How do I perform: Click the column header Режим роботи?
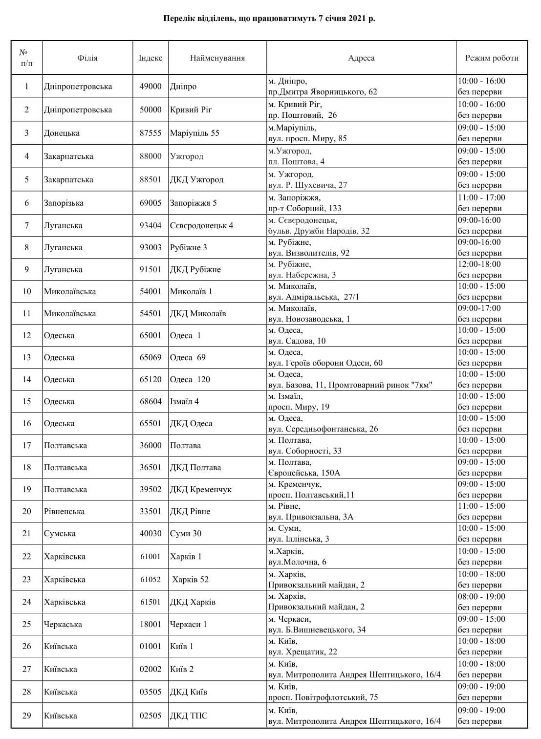click(492, 58)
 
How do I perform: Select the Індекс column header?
click(151, 58)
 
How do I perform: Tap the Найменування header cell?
click(217, 58)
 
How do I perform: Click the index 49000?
click(151, 87)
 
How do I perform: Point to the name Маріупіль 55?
click(195, 133)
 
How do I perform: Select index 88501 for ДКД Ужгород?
click(151, 180)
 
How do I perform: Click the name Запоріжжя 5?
click(193, 203)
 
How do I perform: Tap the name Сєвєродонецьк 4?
click(201, 225)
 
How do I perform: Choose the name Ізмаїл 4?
click(184, 401)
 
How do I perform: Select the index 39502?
click(151, 489)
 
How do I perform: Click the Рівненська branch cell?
click(64, 511)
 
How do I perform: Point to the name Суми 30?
click(185, 533)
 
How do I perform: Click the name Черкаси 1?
click(188, 624)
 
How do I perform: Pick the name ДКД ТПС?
click(188, 716)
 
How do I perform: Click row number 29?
click(27, 716)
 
